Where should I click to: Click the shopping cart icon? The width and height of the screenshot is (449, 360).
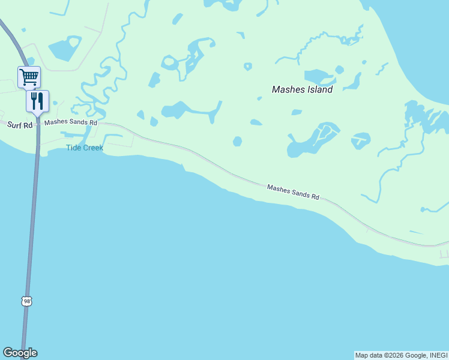(x=29, y=77)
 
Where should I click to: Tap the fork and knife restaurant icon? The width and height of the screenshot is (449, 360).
(x=37, y=100)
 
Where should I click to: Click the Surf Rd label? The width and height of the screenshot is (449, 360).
(x=19, y=125)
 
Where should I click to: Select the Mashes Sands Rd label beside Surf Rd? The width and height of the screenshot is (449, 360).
(x=71, y=122)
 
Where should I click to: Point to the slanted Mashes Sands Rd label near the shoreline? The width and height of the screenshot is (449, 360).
(x=293, y=192)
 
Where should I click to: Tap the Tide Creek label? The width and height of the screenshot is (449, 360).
(x=85, y=148)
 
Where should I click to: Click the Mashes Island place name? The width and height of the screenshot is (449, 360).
(x=302, y=89)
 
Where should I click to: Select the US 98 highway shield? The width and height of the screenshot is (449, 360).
(x=26, y=301)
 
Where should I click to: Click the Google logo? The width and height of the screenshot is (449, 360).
(x=20, y=353)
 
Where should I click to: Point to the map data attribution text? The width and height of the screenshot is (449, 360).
(x=400, y=355)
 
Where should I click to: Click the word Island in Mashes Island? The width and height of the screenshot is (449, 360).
(x=319, y=89)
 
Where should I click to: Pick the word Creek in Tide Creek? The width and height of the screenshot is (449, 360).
(x=92, y=148)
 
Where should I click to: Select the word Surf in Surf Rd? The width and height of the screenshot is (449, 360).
(x=14, y=125)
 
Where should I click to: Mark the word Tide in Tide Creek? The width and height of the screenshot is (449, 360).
(x=73, y=148)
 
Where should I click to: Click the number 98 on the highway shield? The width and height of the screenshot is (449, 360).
(x=26, y=301)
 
